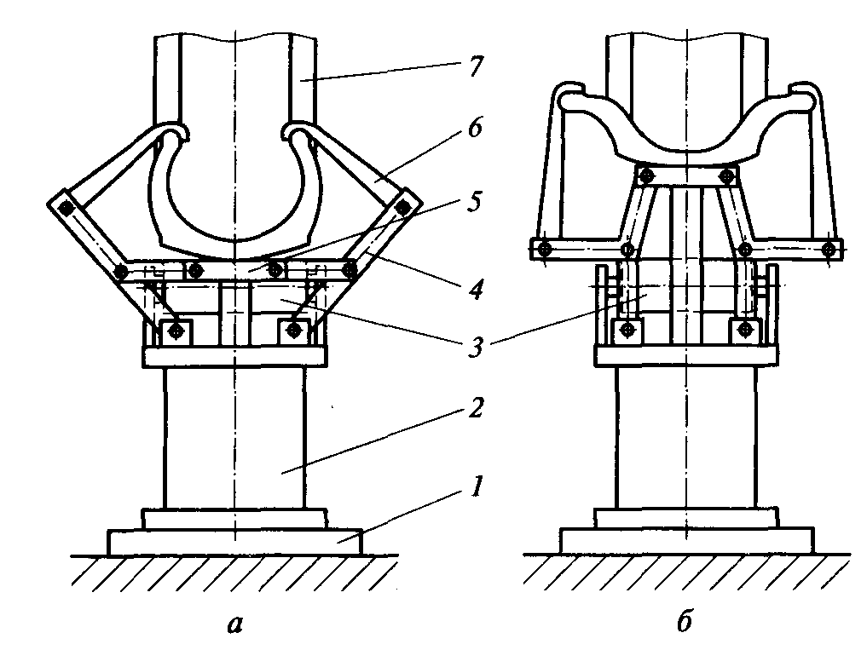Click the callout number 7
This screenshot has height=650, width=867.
474,66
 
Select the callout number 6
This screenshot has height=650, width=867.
474,128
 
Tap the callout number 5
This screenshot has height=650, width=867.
474,201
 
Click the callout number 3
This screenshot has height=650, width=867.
474,347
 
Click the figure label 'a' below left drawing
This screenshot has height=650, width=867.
235,624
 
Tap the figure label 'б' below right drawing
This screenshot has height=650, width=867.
685,621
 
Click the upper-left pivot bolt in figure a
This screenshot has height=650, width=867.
66,209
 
